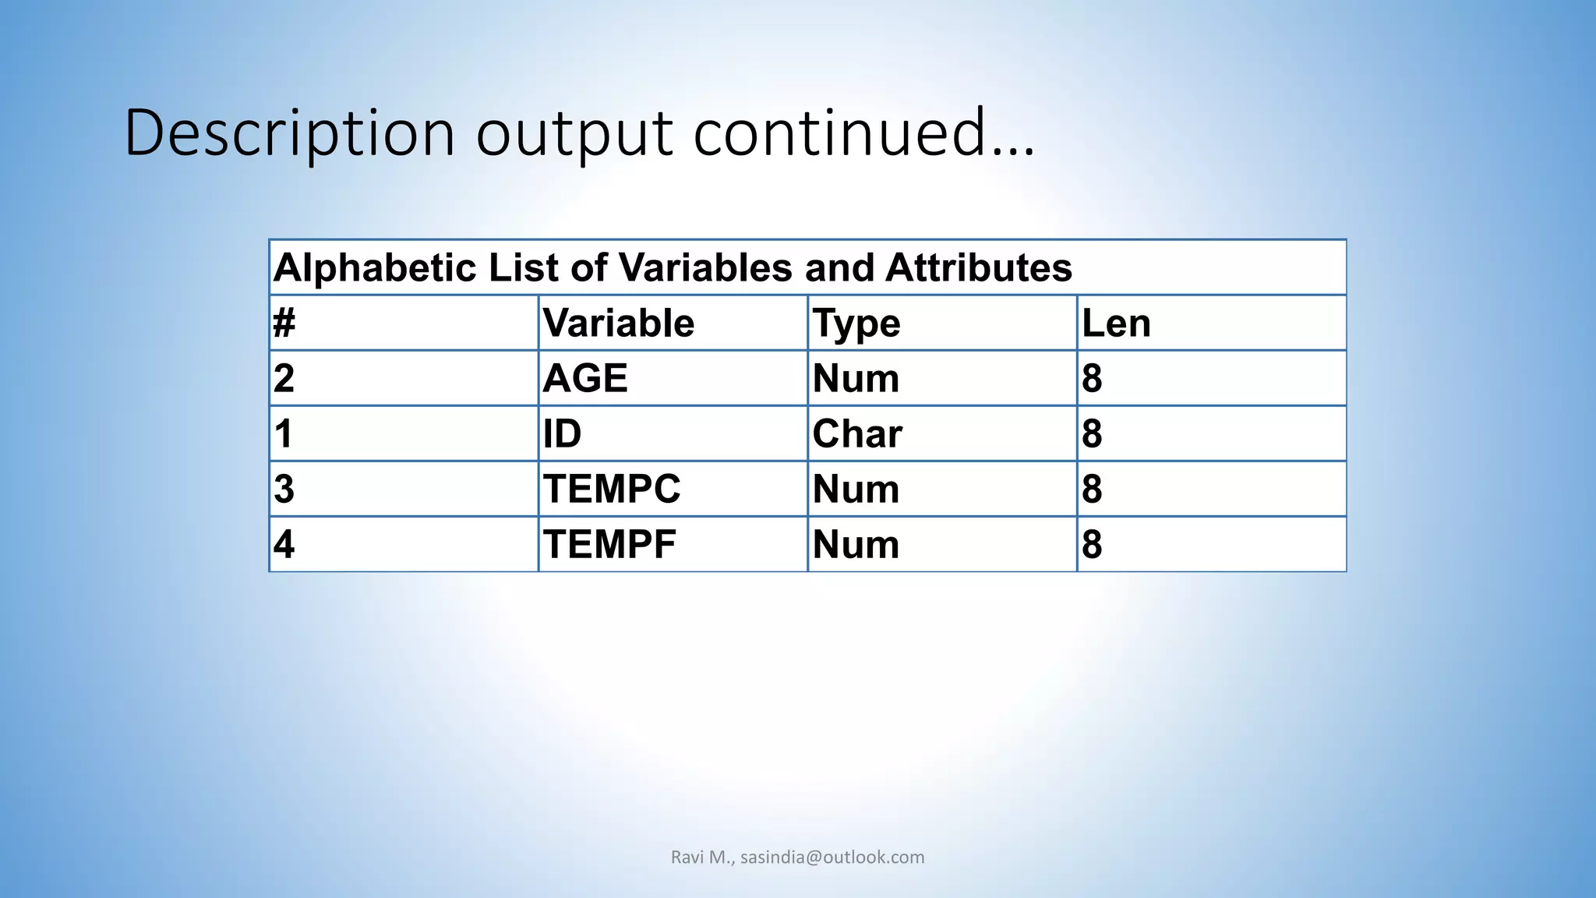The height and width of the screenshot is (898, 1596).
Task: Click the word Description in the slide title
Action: (289, 133)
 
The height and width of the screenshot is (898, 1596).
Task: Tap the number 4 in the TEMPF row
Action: (284, 544)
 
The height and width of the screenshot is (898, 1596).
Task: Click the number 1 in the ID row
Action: (284, 433)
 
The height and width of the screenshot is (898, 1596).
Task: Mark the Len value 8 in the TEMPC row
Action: (1092, 489)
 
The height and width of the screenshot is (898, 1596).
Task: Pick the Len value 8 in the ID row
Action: (1092, 433)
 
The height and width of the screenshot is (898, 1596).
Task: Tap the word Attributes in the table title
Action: (978, 268)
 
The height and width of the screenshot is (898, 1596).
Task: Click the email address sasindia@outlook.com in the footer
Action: (832, 857)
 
